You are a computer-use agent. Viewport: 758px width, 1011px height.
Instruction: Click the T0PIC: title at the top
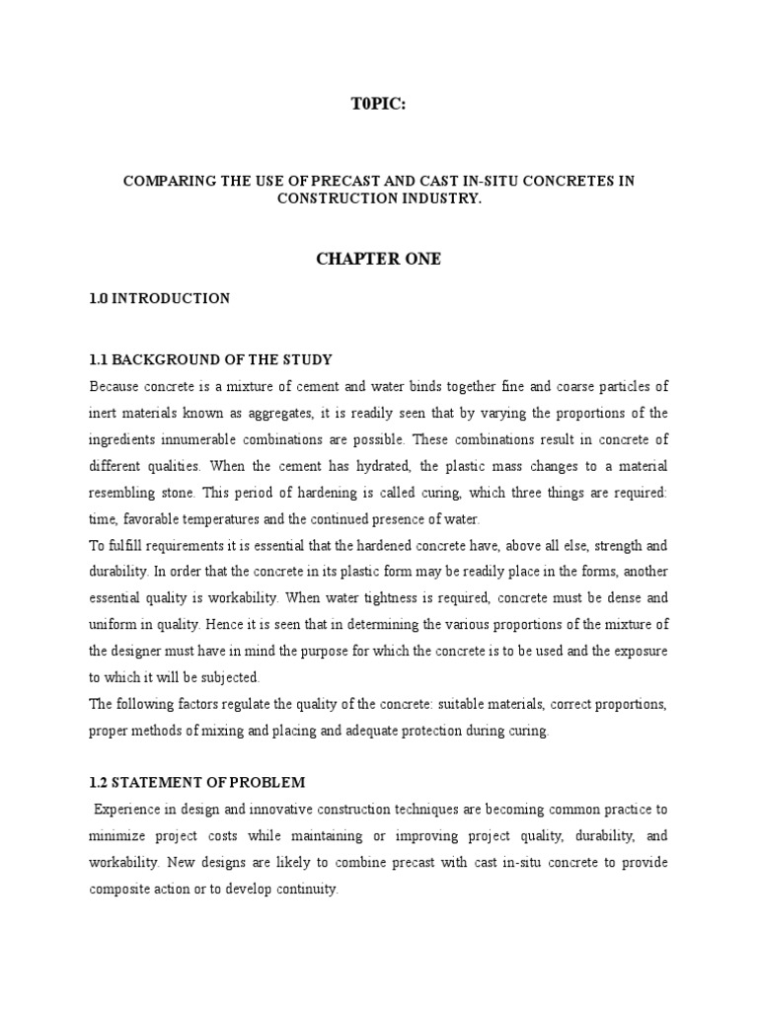pyautogui.click(x=378, y=106)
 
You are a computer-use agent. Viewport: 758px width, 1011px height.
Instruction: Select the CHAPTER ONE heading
pyautogui.click(x=378, y=259)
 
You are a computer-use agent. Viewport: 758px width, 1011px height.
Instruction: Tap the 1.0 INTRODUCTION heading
pyautogui.click(x=159, y=298)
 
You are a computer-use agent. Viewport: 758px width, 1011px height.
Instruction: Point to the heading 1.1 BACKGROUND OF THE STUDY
pyautogui.click(x=210, y=359)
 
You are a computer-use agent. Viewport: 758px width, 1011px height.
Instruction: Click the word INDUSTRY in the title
pyautogui.click(x=439, y=198)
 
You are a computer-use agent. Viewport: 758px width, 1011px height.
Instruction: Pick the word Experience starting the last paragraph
pyautogui.click(x=124, y=810)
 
